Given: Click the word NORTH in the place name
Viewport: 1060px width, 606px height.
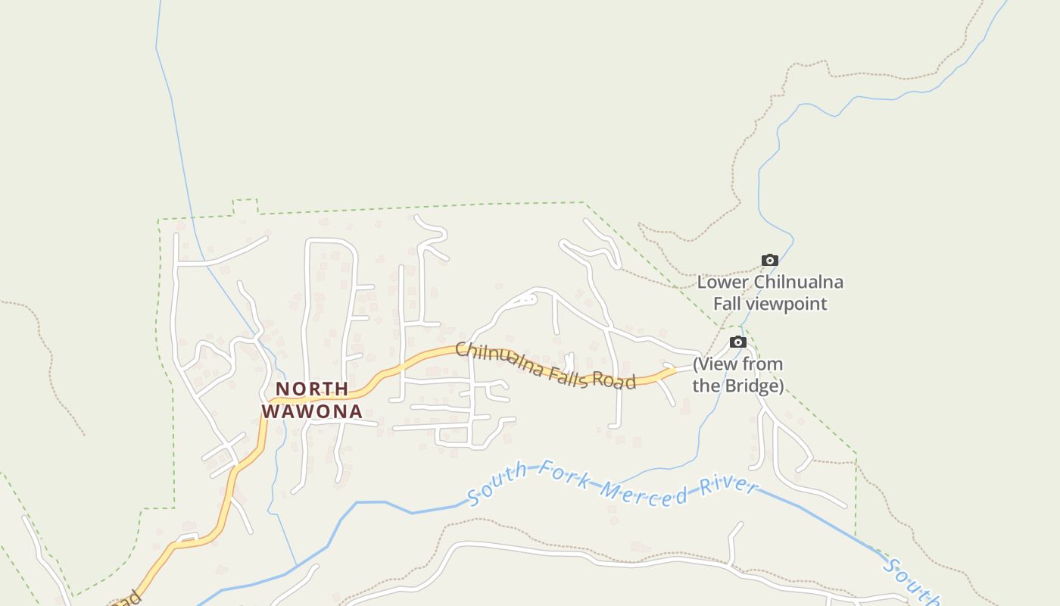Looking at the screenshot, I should [x=312, y=389].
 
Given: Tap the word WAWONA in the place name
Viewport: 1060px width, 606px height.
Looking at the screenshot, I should [x=312, y=412].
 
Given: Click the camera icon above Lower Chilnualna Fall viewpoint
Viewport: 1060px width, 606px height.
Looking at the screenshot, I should [x=770, y=261].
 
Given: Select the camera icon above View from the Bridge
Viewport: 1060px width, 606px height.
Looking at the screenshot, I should [x=738, y=342].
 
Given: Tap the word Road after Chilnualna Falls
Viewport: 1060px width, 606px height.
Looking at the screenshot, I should [x=614, y=381].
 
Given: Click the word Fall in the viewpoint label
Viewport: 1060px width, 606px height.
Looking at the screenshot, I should [x=728, y=305].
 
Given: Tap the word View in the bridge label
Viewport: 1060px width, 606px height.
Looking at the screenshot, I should [x=715, y=364].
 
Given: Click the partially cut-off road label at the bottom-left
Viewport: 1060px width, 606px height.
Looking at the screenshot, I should [x=129, y=598].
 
